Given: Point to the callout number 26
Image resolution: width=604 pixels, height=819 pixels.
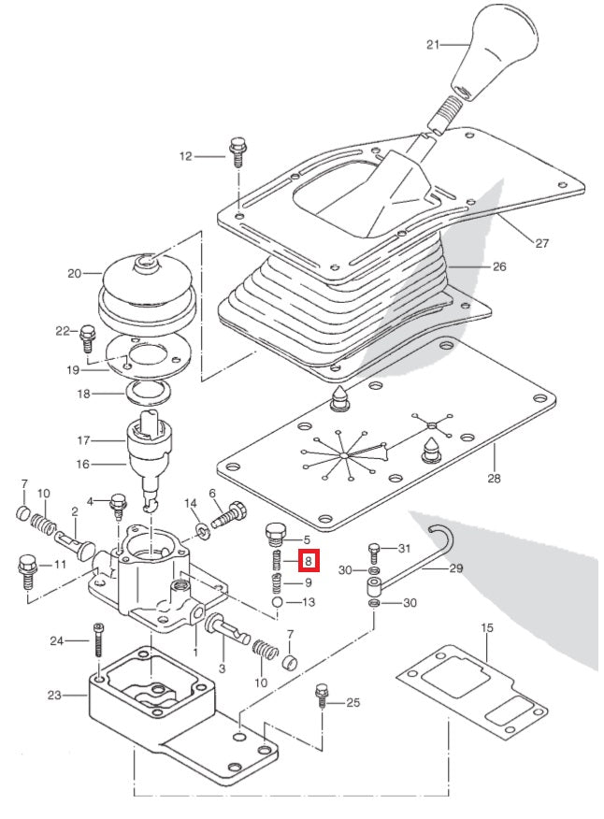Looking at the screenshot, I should coord(499,266).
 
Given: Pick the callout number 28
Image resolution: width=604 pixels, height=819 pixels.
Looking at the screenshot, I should coord(493,479).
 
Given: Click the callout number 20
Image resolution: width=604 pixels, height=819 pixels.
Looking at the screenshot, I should coord(75,274).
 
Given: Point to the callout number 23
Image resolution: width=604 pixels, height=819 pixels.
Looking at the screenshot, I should coord(53,695).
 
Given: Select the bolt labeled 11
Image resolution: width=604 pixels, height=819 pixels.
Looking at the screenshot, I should coord(26,569).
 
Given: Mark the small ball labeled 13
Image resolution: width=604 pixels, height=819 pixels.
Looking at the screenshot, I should coord(278,603).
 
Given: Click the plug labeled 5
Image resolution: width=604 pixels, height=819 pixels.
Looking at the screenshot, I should coord(274,535).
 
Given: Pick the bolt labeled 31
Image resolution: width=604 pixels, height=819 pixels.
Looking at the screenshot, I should coord(375,551).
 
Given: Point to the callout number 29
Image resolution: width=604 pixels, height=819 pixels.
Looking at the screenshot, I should coord(456,568).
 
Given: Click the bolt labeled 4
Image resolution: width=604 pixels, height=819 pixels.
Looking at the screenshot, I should coord(119,505).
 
